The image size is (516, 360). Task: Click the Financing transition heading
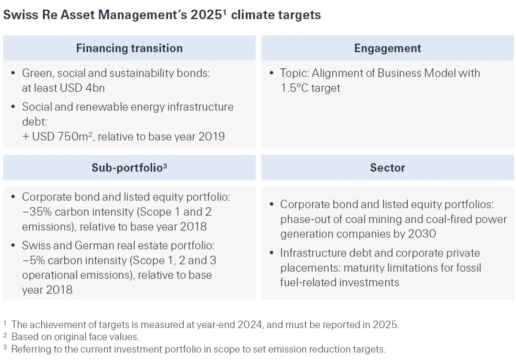click(129, 48)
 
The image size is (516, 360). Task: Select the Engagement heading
click(387, 48)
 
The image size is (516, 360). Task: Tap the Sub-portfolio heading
click(127, 168)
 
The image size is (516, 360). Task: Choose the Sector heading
click(387, 168)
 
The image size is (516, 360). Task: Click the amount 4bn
click(95, 88)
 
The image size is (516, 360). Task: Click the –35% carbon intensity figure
click(38, 212)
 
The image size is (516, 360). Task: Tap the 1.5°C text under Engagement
click(294, 88)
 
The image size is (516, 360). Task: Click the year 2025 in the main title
click(206, 15)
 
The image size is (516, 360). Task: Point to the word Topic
click(294, 73)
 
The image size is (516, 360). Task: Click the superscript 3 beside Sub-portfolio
click(165, 166)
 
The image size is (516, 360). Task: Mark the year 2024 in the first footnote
click(250, 325)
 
